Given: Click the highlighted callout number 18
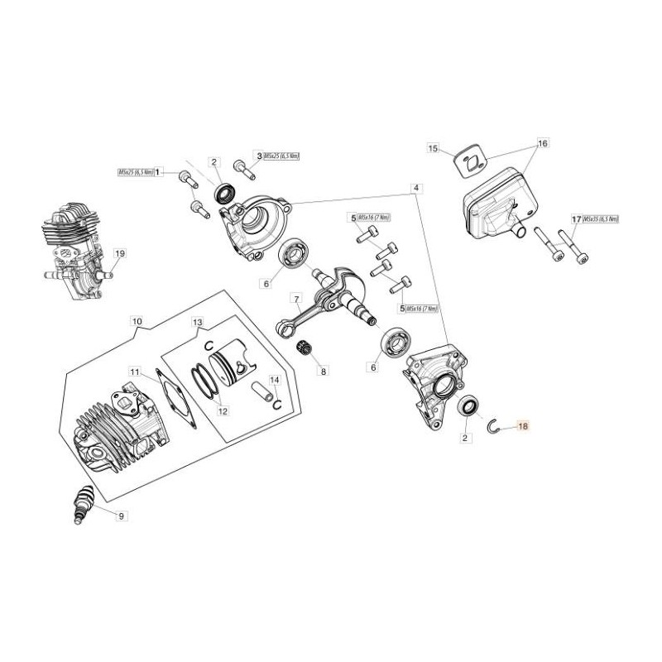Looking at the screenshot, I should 521,427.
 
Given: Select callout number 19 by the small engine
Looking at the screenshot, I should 119,253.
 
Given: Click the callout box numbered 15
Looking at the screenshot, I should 433,148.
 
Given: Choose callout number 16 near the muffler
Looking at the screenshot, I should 543,143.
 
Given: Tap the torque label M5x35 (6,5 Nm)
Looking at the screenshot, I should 601,219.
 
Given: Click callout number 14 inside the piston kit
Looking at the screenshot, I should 276,379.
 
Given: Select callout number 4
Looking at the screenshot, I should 417,188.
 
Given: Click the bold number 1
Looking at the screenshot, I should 158,171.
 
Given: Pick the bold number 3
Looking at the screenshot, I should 258,156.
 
